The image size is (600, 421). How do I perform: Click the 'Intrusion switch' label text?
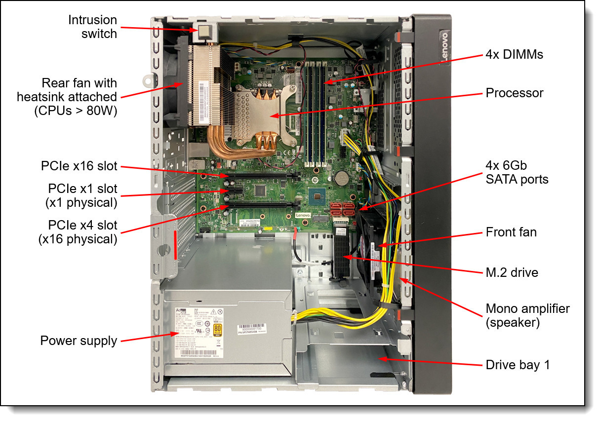pos(92,27)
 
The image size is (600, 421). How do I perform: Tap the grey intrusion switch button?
pos(204,33)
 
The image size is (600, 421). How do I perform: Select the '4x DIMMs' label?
pos(514,54)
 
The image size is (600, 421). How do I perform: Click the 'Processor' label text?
pos(514,93)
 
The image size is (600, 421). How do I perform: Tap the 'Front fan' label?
pos(511,232)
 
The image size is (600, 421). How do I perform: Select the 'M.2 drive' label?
pos(512,272)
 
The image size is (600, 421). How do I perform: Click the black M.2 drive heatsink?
pos(342,257)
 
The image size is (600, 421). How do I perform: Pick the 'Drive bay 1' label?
pos(518,365)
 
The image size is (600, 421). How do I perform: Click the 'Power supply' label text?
pos(79,341)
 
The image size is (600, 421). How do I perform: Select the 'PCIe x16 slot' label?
pos(79,166)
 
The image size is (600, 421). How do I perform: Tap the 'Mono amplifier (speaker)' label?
pos(527,316)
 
